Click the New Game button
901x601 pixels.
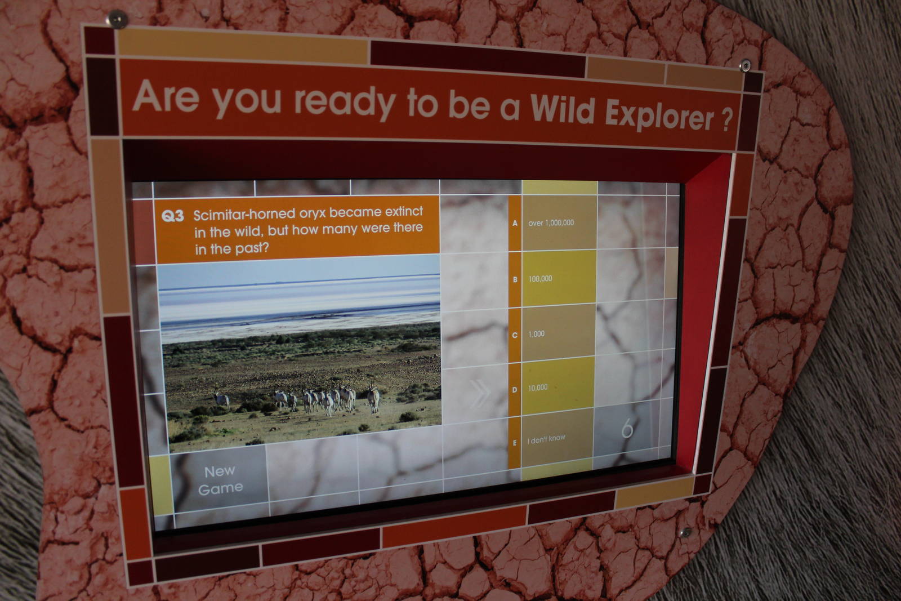(220, 479)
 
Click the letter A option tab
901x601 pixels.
(515, 223)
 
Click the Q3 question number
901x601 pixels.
(172, 216)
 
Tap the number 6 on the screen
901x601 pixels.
(627, 430)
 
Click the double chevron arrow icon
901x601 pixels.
(479, 394)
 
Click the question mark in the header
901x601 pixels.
(727, 120)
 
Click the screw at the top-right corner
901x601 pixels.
(746, 66)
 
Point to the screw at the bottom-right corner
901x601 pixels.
(686, 532)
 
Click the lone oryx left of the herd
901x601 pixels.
(221, 399)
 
